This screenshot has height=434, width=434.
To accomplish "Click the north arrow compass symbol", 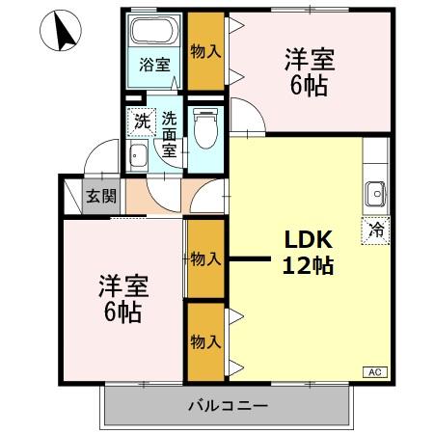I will pyautogui.click(x=64, y=34).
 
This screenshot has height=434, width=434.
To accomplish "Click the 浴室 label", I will pyautogui.click(x=153, y=66).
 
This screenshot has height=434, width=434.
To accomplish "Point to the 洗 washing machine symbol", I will pyautogui.click(x=142, y=122).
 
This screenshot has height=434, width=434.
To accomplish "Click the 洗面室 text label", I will pyautogui.click(x=169, y=135).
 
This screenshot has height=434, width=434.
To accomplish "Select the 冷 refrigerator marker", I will pyautogui.click(x=376, y=231).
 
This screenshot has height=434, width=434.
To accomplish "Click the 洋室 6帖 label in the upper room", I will pyautogui.click(x=309, y=71).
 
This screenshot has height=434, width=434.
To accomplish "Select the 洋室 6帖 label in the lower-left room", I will pyautogui.click(x=121, y=299).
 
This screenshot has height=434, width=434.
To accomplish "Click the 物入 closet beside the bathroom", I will pyautogui.click(x=203, y=51).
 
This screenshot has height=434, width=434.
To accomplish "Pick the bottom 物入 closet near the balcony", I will pyautogui.click(x=203, y=341).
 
